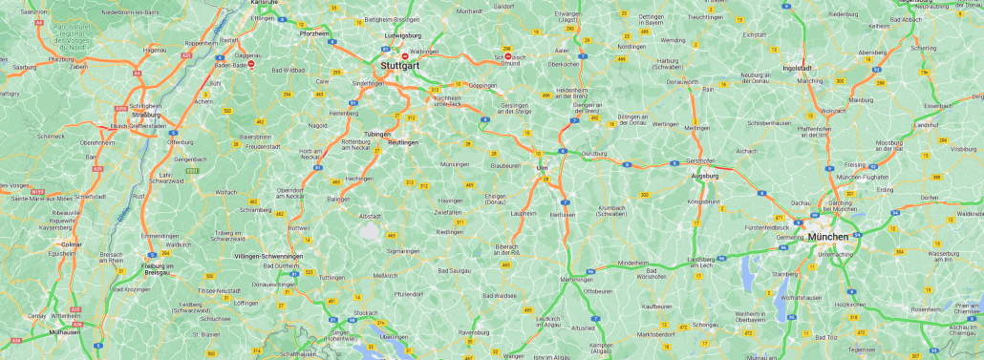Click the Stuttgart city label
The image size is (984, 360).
[x=399, y=66]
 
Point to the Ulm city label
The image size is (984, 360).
[x=542, y=168]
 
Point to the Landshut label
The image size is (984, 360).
[x=927, y=125]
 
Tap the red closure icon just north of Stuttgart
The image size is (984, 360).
[x=404, y=55]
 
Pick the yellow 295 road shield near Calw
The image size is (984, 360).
[x=336, y=73]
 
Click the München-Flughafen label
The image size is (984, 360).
[x=862, y=179]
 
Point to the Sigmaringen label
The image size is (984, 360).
[x=404, y=251]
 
